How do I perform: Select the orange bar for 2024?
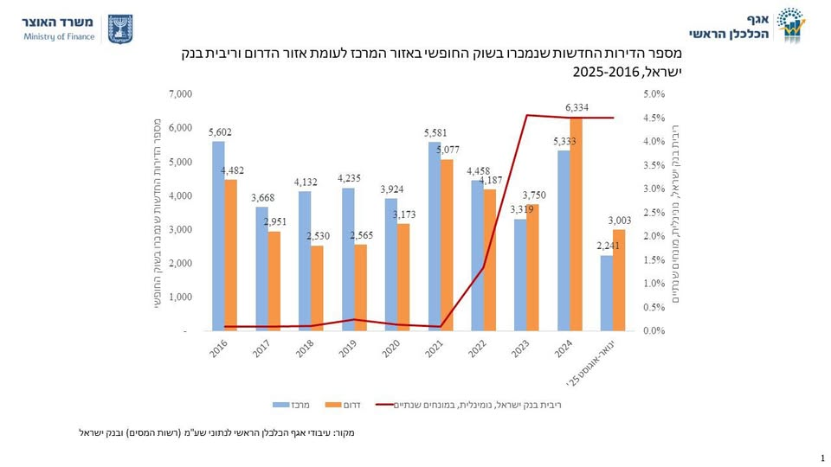tap(576, 223)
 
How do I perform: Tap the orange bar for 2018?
tap(317, 288)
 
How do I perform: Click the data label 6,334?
tap(577, 107)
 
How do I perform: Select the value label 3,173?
tap(404, 214)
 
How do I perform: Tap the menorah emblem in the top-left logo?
tap(119, 29)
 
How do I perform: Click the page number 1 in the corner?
tap(820, 457)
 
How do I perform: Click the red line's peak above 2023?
tap(527, 115)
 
